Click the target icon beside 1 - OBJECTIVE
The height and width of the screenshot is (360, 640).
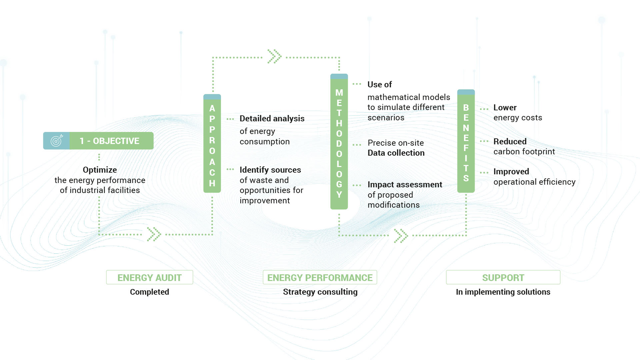[57, 141]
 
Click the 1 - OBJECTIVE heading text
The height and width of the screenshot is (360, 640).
[109, 141]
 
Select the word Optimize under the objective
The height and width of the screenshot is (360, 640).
[100, 170]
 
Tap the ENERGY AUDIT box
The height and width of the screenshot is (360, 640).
[150, 277]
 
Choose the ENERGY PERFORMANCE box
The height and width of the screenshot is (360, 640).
[320, 277]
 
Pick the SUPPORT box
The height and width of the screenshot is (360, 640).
[503, 277]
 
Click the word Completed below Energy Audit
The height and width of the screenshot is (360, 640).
[150, 292]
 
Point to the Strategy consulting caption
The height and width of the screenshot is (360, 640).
[320, 292]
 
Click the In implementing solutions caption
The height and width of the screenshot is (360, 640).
[503, 292]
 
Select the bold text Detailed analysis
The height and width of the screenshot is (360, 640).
[272, 119]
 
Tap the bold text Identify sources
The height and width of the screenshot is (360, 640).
[270, 170]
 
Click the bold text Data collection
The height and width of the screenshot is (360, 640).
[396, 153]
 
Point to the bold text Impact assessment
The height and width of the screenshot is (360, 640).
[405, 185]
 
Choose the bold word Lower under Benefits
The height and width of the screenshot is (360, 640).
[505, 108]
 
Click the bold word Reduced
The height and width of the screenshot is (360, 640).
[510, 142]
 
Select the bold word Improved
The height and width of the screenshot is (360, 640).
[511, 172]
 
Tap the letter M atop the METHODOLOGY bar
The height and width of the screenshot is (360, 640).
[339, 93]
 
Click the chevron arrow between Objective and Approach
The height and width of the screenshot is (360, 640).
[154, 234]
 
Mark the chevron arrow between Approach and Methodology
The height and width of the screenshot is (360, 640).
[274, 56]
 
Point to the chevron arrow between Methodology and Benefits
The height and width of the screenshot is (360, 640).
[401, 236]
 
